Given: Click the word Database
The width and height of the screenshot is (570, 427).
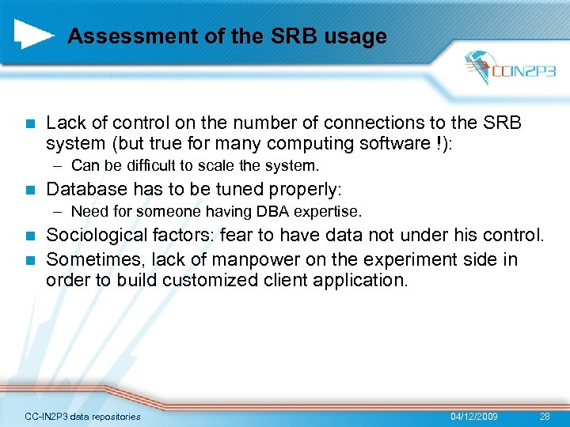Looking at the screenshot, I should point(85,190).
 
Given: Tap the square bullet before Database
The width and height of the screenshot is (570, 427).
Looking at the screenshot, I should point(30,190).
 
